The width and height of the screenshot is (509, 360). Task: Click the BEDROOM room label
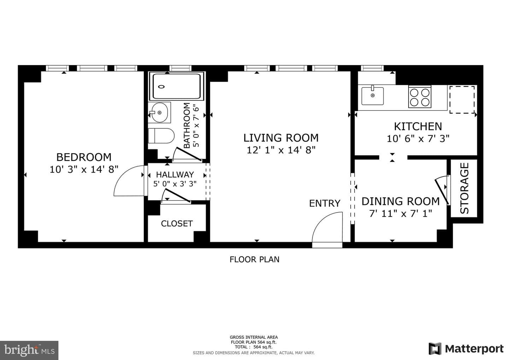click(x=84, y=157)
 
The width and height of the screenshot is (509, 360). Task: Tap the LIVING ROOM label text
click(x=281, y=138)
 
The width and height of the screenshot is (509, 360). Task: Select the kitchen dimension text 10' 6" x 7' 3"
click(x=418, y=138)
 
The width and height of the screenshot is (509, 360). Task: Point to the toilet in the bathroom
click(x=161, y=136)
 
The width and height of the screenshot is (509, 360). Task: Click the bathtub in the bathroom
click(x=177, y=86)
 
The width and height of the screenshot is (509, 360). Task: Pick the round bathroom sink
click(x=159, y=112)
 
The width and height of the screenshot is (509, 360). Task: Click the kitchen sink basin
click(x=373, y=96)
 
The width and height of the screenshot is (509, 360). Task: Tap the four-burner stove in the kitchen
click(x=420, y=97)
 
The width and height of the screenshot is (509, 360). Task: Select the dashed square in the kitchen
click(x=462, y=99)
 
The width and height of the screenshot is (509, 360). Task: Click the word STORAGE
click(x=464, y=188)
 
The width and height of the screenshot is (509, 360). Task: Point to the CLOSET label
click(x=177, y=223)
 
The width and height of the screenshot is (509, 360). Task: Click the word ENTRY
click(x=325, y=203)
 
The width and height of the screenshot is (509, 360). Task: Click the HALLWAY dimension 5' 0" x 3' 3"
click(x=175, y=184)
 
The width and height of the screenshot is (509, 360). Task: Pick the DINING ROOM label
click(x=400, y=201)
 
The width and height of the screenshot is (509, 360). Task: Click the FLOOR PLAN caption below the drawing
click(x=254, y=260)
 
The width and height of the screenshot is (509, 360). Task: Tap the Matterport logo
click(x=466, y=348)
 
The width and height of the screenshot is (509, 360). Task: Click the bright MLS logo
click(x=29, y=350)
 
